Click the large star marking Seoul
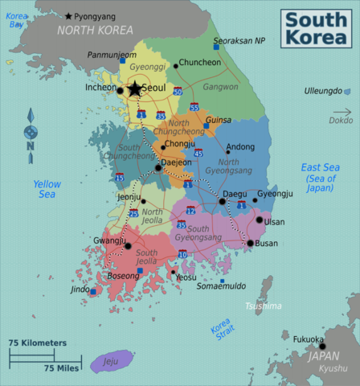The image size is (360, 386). [x=134, y=89]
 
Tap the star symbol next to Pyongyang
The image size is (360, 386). [x=68, y=16]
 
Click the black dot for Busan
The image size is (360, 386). [x=251, y=243]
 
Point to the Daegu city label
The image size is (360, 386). [x=235, y=194]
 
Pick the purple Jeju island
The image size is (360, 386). [x=111, y=361]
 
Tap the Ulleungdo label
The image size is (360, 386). [x=322, y=92]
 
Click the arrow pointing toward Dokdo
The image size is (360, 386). [x=342, y=112]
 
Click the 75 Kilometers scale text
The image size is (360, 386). [x=38, y=343]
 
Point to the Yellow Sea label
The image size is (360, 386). [x=47, y=189]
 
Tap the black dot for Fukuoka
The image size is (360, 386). [x=323, y=347]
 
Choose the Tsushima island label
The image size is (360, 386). [x=264, y=306]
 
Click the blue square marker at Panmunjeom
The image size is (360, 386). [x=122, y=60]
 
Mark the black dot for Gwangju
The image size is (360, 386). [x=127, y=246]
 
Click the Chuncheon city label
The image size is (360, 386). [x=199, y=62]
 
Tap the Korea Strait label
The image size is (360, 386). [x=221, y=330]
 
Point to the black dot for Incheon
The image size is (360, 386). [x=120, y=90]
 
